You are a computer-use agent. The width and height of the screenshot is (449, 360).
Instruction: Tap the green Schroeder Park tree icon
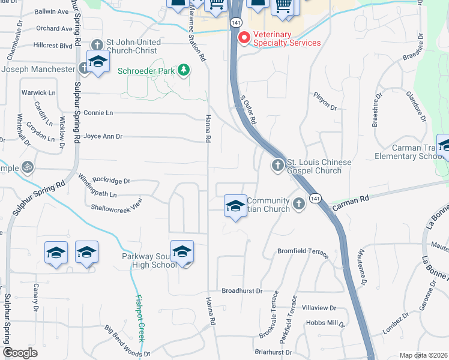(x=184, y=70)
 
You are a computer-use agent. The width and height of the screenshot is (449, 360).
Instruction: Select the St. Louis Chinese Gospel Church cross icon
(x=277, y=164)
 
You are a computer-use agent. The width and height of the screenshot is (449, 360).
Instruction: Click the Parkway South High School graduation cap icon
(x=182, y=253)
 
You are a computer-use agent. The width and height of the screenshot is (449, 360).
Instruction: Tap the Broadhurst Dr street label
(x=243, y=291)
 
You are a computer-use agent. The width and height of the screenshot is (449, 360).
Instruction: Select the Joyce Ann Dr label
(x=103, y=137)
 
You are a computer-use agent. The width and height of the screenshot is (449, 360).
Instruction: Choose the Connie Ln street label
(x=98, y=113)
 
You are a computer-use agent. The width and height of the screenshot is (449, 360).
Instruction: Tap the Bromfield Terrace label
(x=303, y=251)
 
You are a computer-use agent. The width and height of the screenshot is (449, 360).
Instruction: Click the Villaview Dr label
(x=319, y=308)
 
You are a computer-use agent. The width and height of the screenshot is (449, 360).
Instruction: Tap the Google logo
(x=20, y=353)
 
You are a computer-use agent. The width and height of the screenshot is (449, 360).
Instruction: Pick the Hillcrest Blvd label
(x=53, y=45)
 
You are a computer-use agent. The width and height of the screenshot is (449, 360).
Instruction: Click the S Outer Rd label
(x=249, y=112)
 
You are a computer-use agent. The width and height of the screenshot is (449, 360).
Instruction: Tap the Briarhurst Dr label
(x=273, y=352)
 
